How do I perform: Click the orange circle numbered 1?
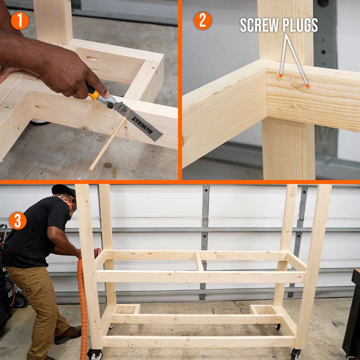pos(20,21)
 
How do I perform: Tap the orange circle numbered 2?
pos(203,21)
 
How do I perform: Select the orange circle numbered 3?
pos(18,221)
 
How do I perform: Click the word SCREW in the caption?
pos(259,25)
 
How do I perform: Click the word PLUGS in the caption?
pos(300,25)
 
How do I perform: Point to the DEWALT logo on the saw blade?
pos(142,125)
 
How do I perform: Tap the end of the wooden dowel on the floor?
pos(90,170)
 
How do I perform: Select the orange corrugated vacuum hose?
pos(83,308)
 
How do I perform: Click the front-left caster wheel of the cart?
pos(95,354)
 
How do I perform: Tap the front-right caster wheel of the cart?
pos(295,354)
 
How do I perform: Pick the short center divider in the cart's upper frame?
pos(199,261)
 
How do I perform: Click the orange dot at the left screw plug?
pos(281,76)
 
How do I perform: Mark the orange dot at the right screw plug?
pos(307,86)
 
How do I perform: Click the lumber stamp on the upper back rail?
pos(222,256)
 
